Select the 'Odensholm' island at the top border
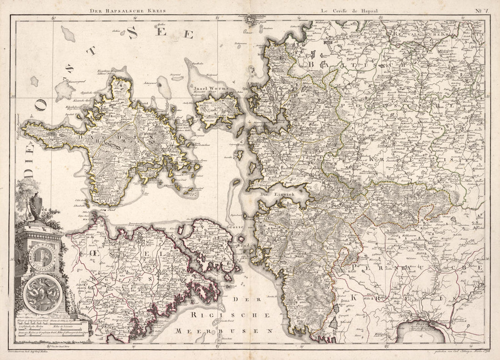[x=253, y=20]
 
